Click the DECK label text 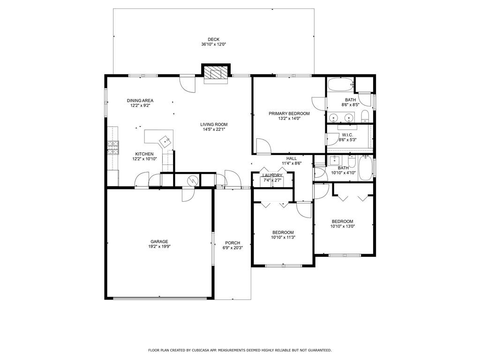coord(213,39)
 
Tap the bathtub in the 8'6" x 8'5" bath coord(339,85)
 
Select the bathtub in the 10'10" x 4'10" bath coord(365,168)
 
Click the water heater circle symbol coord(191,180)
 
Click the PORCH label coord(232,243)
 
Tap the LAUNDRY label coord(272,175)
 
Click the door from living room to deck coord(187,83)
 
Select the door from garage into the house coord(187,194)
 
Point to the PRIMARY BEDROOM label coord(289,113)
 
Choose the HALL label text coord(292,158)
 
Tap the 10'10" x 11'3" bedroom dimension coord(283,237)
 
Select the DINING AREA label coord(140,100)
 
